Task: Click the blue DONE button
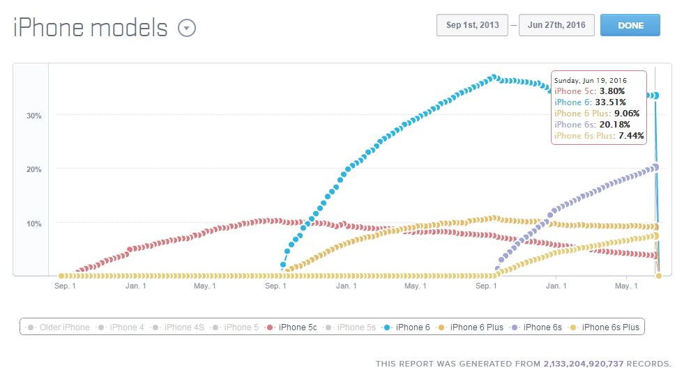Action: pyautogui.click(x=630, y=25)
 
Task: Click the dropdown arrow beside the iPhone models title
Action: pyautogui.click(x=187, y=28)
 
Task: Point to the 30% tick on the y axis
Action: pyautogui.click(x=33, y=116)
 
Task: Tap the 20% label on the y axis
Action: pyautogui.click(x=33, y=169)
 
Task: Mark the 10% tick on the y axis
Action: pyautogui.click(x=33, y=224)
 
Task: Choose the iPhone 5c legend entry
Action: pyautogui.click(x=292, y=327)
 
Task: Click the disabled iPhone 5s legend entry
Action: pyautogui.click(x=356, y=327)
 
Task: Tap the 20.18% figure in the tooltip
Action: pyautogui.click(x=611, y=125)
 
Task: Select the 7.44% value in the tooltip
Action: pyautogui.click(x=630, y=136)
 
